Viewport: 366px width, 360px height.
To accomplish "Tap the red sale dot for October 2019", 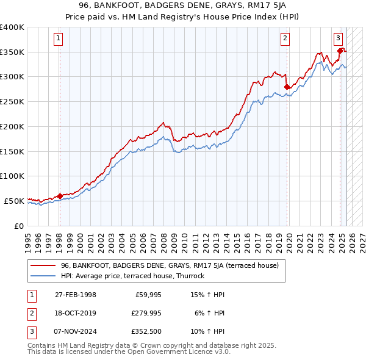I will tap(287, 87).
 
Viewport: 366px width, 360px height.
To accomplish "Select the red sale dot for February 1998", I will tap(60, 196).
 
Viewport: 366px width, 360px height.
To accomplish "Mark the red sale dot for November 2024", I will tap(340, 51).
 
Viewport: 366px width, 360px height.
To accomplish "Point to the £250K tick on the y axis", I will tap(13, 102).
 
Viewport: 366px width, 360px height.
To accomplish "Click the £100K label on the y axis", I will tap(13, 176).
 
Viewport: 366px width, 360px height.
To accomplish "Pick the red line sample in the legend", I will tap(42, 265).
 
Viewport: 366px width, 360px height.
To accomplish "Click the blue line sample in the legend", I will tap(42, 276).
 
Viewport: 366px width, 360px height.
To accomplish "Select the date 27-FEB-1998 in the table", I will tap(76, 295).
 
